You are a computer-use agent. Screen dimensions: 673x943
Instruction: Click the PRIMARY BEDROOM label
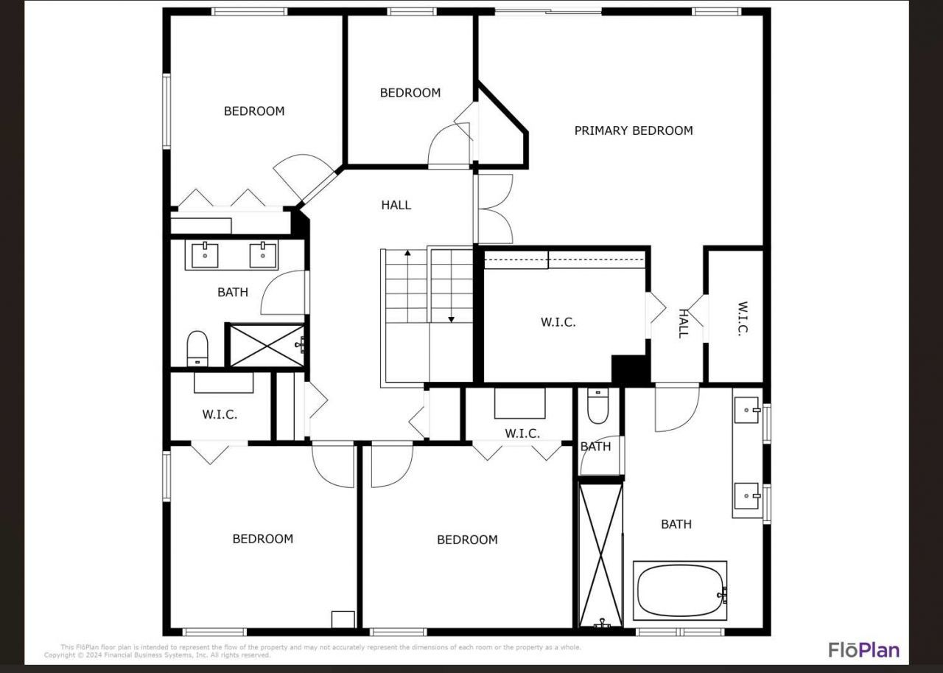[x=634, y=130]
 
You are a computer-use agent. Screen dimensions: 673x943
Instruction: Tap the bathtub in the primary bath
[x=680, y=591]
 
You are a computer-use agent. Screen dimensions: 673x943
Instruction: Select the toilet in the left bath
[x=197, y=348]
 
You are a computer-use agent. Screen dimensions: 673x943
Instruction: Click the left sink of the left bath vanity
[x=205, y=255]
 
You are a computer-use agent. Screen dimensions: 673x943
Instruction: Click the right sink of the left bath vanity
[x=262, y=255]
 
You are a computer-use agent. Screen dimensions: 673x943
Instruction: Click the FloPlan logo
[x=863, y=649]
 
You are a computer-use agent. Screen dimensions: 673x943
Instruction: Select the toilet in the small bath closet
[x=597, y=408]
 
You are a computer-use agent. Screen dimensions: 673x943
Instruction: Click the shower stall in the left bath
[x=265, y=345]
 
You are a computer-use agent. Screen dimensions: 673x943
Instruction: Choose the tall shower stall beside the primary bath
[x=600, y=554]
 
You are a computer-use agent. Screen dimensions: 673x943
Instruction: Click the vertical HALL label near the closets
[x=683, y=323]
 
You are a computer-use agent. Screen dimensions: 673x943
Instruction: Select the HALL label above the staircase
[x=396, y=205]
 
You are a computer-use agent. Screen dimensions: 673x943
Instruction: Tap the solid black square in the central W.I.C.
[x=630, y=369]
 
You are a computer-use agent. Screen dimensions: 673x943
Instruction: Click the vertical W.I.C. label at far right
[x=743, y=318]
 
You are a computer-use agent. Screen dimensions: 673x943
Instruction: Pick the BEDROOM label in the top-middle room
[x=410, y=93]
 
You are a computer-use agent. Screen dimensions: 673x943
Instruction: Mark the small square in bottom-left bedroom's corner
[x=343, y=619]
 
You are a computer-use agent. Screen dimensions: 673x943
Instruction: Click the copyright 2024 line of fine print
[x=158, y=655]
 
